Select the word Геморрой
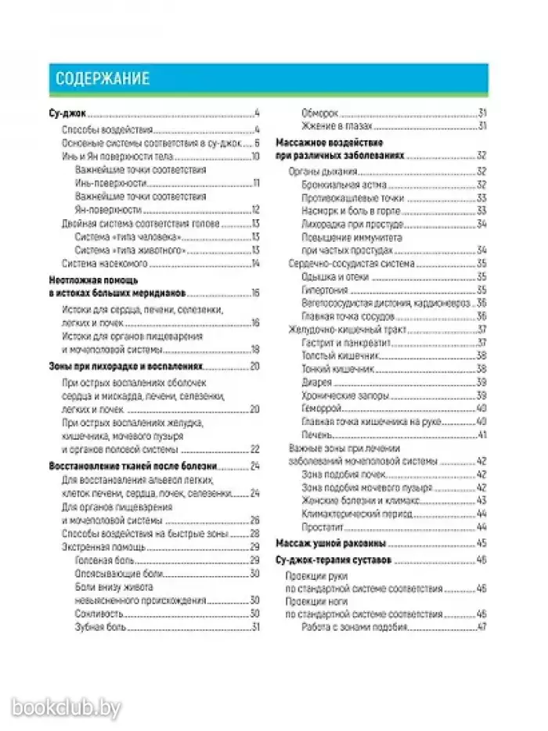(322, 409)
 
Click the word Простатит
(323, 527)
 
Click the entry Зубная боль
(102, 628)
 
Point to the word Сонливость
(100, 614)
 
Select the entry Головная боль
(106, 560)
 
